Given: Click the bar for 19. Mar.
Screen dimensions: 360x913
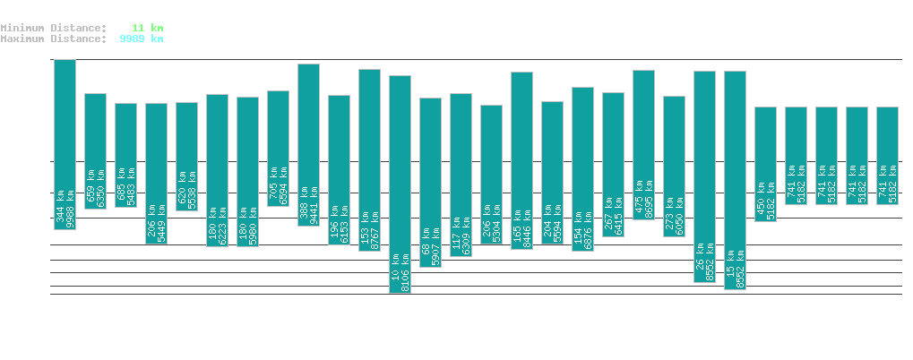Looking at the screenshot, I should pyautogui.click(x=65, y=144).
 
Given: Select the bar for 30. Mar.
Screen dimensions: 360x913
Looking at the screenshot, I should pyautogui.click(x=400, y=184).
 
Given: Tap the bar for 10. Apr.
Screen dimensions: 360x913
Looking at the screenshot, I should pyautogui.click(x=735, y=180).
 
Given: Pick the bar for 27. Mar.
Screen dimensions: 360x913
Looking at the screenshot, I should pyautogui.click(x=308, y=144).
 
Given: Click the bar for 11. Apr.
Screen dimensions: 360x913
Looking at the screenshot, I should pyautogui.click(x=765, y=164).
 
